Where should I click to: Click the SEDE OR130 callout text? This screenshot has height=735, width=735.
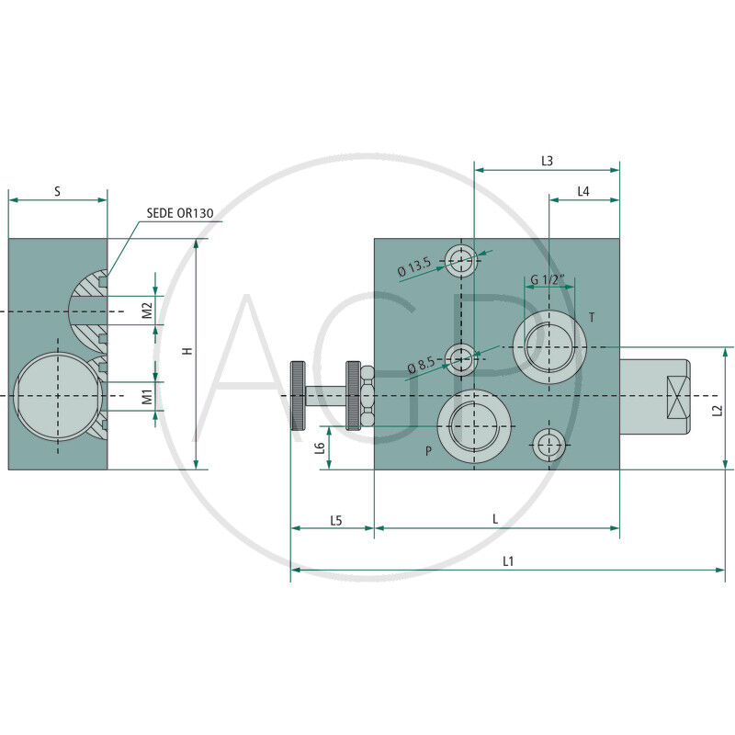coord(180,212)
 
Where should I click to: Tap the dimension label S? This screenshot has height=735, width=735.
coord(57,191)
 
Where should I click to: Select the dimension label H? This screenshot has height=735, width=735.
coord(187,351)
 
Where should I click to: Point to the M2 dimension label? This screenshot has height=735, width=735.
coord(147,311)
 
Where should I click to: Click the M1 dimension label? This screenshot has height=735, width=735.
coord(147,397)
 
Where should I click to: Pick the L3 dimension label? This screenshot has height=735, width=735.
coord(547,160)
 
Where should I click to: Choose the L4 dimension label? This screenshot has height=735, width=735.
coord(583,190)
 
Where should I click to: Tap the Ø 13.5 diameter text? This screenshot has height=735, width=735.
coord(413,268)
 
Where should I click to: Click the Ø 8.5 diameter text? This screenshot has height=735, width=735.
coord(420,365)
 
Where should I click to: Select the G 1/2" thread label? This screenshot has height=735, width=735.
coord(548,279)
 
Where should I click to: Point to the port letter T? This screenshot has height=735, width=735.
coord(592,318)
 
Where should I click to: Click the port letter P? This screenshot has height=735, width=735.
coord(427,451)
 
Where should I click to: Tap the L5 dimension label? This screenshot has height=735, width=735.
coord(336,520)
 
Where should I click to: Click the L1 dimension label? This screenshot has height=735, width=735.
coord(508,560)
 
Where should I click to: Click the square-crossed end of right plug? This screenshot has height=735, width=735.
coord(676,396)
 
